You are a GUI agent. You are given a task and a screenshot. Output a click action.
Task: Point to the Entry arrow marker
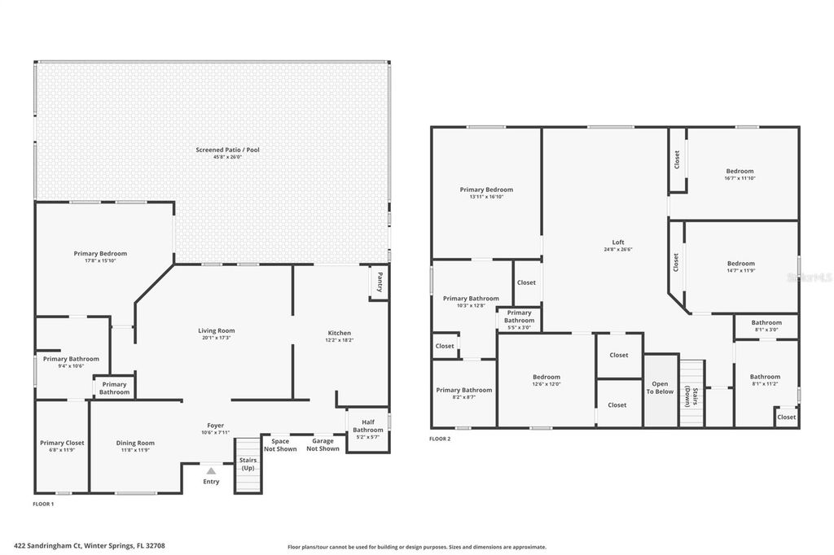click(211, 470)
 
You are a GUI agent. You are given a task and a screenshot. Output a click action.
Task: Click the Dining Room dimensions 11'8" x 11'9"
click(134, 450)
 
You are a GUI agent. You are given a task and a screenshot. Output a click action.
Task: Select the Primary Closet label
click(62, 443)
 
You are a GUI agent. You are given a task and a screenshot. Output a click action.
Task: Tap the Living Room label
click(216, 330)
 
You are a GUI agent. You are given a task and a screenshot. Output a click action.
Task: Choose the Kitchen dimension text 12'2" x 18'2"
click(339, 340)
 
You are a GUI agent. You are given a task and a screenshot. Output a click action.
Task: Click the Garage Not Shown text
click(323, 445)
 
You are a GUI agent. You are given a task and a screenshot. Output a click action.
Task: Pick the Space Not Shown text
click(280, 445)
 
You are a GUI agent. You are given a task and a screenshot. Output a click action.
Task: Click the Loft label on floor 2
click(618, 242)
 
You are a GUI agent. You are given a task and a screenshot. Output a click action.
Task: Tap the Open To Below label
click(660, 387)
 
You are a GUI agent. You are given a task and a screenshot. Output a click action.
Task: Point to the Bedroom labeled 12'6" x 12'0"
click(546, 377)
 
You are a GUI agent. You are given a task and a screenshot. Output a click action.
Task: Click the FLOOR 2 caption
click(440, 439)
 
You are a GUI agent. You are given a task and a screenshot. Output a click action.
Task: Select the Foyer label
click(215, 425)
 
